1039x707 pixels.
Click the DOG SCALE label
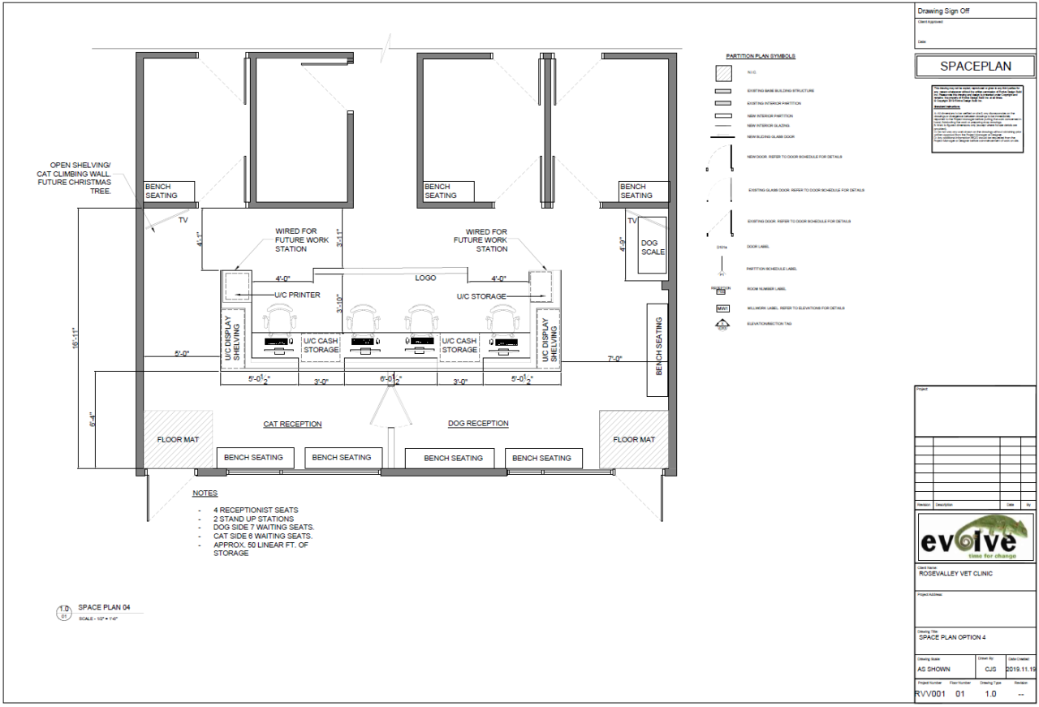(x=652, y=247)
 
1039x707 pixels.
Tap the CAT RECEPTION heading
(x=292, y=424)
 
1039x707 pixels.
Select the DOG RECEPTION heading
(x=478, y=423)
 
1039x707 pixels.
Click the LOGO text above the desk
(x=425, y=278)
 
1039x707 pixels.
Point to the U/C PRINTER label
(x=296, y=295)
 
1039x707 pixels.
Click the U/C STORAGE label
(x=481, y=296)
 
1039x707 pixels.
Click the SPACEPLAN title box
(x=972, y=67)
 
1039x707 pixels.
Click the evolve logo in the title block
(x=972, y=537)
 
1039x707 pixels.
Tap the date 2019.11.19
(x=1020, y=670)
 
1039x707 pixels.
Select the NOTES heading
(x=205, y=493)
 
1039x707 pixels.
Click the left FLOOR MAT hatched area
(x=179, y=440)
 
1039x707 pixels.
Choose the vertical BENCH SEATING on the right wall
(x=657, y=349)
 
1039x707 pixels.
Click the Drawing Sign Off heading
(x=943, y=11)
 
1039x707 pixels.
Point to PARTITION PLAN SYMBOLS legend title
(x=760, y=57)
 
